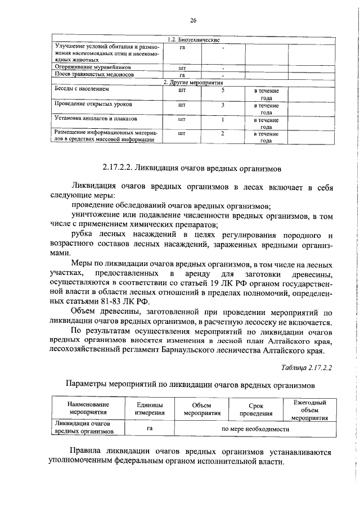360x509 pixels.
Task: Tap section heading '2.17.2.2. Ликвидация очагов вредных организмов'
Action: (x=191, y=168)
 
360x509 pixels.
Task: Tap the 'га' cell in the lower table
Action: (x=150, y=429)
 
